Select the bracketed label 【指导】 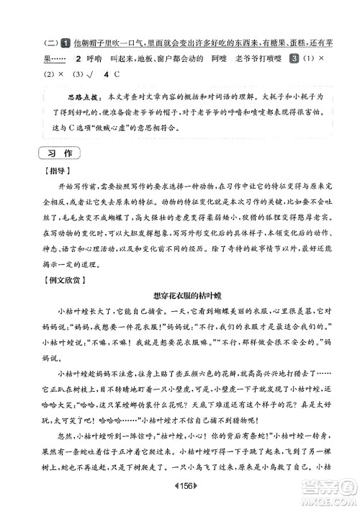pos(52,171)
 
